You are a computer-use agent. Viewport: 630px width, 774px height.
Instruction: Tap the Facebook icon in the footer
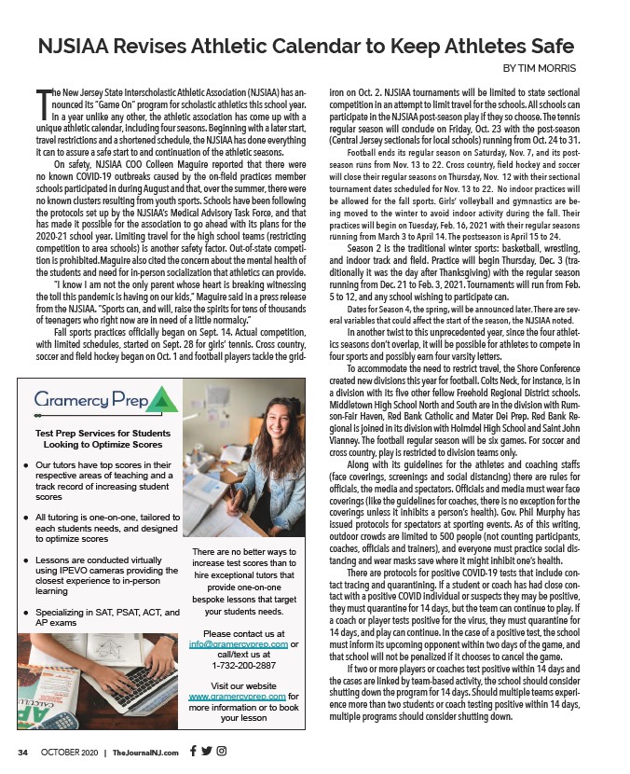tap(193, 753)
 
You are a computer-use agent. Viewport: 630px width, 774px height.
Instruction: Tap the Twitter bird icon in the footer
tap(207, 753)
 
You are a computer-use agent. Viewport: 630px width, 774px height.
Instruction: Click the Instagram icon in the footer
tap(222, 753)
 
